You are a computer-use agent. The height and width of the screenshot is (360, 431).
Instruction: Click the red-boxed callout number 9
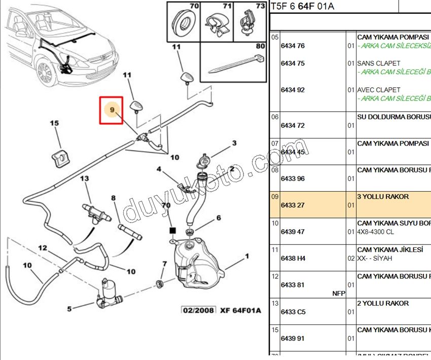coord(112,109)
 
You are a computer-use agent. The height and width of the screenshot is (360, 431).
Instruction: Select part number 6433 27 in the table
coord(293,205)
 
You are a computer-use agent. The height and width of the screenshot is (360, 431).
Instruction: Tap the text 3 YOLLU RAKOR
coord(383,196)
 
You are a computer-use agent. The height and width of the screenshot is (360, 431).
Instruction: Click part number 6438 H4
coord(293,258)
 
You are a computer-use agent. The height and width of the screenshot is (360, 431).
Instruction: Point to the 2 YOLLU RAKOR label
coord(383,303)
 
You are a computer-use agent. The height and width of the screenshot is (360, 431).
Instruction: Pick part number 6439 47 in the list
coord(293,232)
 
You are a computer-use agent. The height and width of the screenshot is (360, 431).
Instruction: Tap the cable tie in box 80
coord(236,65)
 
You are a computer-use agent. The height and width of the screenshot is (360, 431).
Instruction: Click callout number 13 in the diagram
coord(84,178)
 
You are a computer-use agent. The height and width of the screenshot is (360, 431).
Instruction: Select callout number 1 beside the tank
coord(247,256)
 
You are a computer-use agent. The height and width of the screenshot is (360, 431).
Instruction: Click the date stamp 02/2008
coord(199,310)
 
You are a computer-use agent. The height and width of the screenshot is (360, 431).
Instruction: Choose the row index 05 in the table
coord(275,37)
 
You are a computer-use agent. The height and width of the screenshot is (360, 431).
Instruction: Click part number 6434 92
coord(293,90)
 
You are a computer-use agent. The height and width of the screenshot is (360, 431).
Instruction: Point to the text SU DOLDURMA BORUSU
coord(393,117)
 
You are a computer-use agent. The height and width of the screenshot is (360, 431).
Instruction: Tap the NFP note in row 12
coord(339,293)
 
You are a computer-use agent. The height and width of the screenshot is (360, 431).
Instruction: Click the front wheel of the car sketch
coord(45,73)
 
